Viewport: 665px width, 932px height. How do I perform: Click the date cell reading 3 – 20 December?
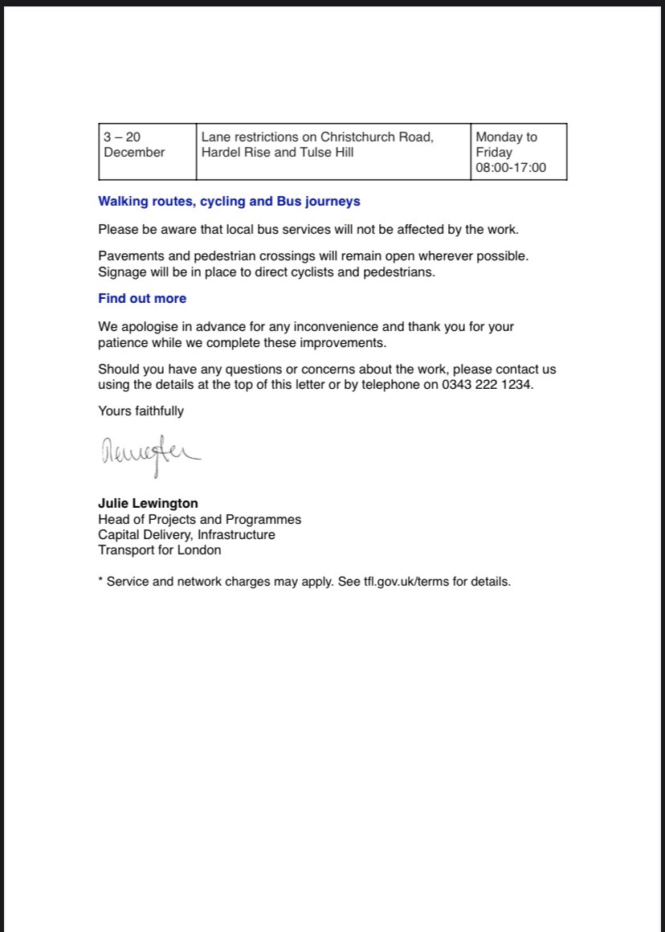click(133, 145)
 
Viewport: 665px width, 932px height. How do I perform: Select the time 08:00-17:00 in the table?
click(511, 168)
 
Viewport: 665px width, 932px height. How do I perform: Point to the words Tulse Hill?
click(327, 153)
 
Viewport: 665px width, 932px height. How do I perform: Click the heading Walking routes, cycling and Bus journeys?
click(229, 201)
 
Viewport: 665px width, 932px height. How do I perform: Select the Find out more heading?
click(142, 298)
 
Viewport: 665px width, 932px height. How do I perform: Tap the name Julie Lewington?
click(148, 504)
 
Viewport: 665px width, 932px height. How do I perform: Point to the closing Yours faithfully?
click(141, 411)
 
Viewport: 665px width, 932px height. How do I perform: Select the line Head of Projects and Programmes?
click(199, 519)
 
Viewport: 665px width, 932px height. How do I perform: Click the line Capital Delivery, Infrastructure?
click(186, 534)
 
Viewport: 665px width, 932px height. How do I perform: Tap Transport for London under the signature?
click(159, 550)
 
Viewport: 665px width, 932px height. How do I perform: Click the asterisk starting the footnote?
click(100, 580)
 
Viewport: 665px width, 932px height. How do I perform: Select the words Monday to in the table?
click(506, 137)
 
